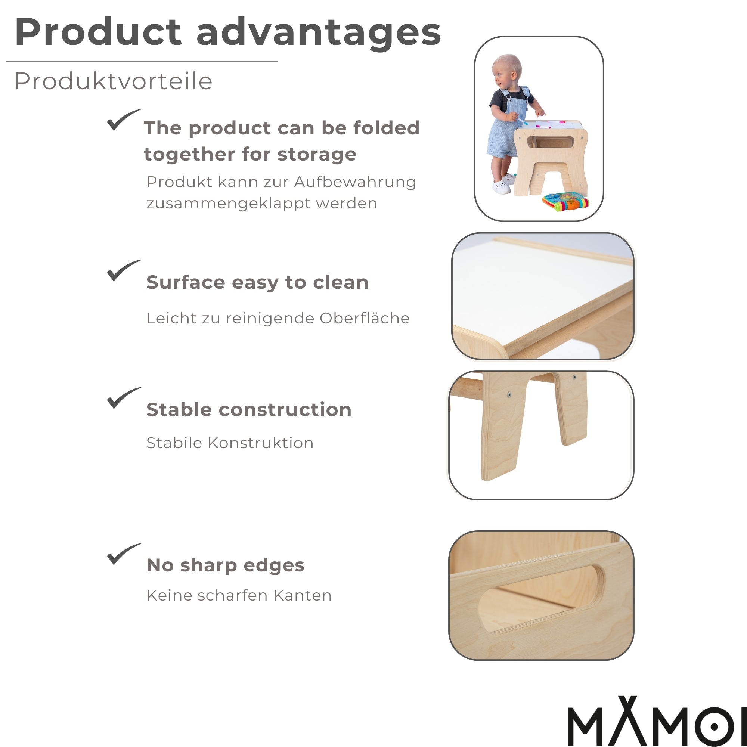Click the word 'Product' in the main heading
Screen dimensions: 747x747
98,32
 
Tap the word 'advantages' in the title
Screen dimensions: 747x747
319,33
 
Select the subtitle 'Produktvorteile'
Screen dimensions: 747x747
113,81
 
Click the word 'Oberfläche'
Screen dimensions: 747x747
364,318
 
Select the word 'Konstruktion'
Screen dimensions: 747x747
260,443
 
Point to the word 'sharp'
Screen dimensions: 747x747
209,565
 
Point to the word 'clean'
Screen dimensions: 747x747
340,283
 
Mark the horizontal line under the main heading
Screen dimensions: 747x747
142,62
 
